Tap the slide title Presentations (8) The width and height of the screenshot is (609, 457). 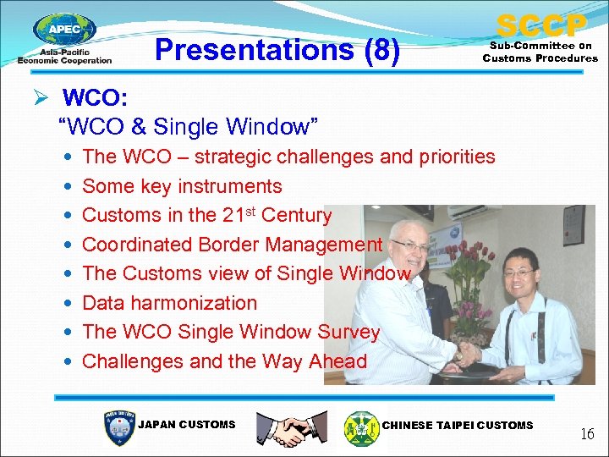[277, 50]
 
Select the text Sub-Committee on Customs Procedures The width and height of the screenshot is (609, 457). [540, 52]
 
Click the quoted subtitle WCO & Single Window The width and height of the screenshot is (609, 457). [188, 127]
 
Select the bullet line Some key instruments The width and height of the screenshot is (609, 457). [182, 186]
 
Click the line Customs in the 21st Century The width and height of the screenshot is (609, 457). [206, 215]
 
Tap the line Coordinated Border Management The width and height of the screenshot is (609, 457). [232, 245]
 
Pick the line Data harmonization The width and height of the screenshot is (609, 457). [169, 303]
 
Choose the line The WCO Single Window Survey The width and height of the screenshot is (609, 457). [231, 332]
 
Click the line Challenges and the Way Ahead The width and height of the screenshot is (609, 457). [224, 361]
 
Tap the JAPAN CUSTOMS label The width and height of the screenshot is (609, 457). [186, 425]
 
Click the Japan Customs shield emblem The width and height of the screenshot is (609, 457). [118, 427]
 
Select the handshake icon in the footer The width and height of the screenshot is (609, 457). [291, 427]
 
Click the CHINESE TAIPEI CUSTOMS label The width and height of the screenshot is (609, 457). [458, 425]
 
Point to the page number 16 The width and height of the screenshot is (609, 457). [587, 434]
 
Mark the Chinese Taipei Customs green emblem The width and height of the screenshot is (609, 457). [362, 427]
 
